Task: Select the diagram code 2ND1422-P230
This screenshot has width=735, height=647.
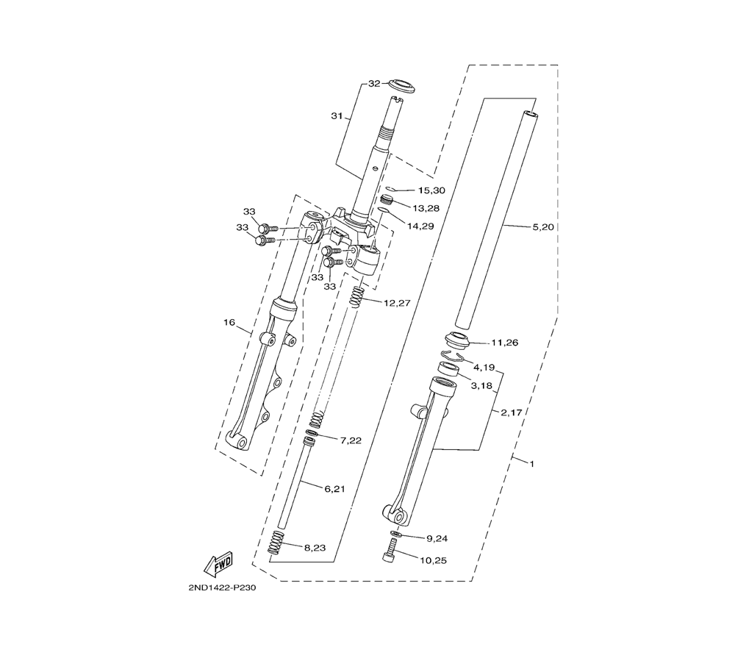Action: pos(222,588)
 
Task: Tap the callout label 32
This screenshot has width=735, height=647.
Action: pos(374,84)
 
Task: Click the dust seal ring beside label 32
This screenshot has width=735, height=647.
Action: pos(401,86)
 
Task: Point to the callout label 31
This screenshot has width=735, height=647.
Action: pos(337,116)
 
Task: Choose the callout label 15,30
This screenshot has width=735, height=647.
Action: pos(431,190)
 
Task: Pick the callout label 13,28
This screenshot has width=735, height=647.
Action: pos(426,207)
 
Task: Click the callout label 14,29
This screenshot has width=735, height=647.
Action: pos(420,226)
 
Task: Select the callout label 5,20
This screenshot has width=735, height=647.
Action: pos(543,227)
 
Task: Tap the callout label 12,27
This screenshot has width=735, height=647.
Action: pos(397,303)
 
